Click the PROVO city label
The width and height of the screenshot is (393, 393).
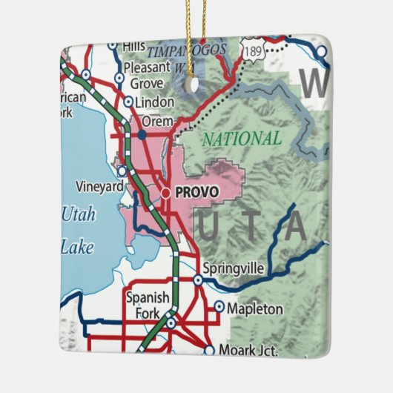(x=197, y=193)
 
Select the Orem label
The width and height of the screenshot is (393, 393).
(x=157, y=121)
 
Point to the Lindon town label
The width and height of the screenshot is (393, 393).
(x=155, y=102)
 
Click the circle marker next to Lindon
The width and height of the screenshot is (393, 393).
(x=128, y=102)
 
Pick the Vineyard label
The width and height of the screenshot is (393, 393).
(x=99, y=187)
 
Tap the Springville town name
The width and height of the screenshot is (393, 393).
(x=234, y=268)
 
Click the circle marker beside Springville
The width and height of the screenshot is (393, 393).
(x=198, y=280)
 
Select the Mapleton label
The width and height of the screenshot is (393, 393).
(x=254, y=308)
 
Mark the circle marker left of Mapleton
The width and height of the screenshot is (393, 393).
(x=219, y=306)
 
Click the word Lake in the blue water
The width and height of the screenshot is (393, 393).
(x=77, y=247)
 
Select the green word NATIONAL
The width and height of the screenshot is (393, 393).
(x=242, y=139)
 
